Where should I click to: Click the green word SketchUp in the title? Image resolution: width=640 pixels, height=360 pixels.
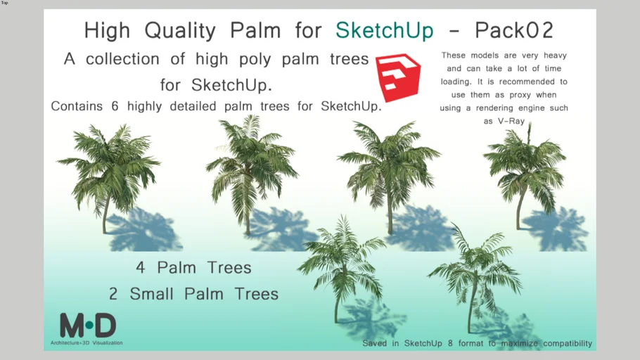point(384,31)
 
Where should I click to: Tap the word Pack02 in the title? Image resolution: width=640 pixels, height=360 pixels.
point(514,30)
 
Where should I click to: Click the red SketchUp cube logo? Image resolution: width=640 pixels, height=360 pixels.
point(398,77)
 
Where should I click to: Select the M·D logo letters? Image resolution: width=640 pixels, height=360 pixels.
point(88,326)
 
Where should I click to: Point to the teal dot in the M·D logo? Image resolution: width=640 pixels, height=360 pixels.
point(89,326)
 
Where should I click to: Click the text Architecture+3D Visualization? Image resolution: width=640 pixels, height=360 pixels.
point(87,343)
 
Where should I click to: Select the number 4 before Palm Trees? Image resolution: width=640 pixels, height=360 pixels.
point(141,268)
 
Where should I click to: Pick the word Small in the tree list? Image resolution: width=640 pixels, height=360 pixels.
point(151,294)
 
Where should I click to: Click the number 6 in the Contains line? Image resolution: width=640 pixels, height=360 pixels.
point(115,106)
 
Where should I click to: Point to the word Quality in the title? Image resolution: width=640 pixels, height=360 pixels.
point(179,31)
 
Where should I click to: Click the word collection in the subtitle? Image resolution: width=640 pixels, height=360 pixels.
point(122,59)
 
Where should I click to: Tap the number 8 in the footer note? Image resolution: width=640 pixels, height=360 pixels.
point(450,343)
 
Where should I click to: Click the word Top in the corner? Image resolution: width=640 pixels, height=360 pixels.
point(4,3)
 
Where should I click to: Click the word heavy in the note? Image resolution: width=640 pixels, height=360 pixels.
point(555,56)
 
